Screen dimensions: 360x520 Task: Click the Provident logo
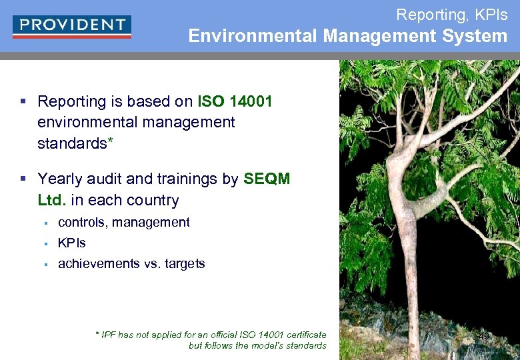click(71, 26)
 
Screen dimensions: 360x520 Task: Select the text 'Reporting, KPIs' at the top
click(451, 13)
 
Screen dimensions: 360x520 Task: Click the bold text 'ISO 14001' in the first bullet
click(235, 101)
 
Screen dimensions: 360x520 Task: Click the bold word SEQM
click(267, 179)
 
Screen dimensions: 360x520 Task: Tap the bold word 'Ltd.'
click(53, 200)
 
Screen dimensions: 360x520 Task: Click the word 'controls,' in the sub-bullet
click(83, 223)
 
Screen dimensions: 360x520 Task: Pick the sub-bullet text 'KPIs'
click(72, 243)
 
